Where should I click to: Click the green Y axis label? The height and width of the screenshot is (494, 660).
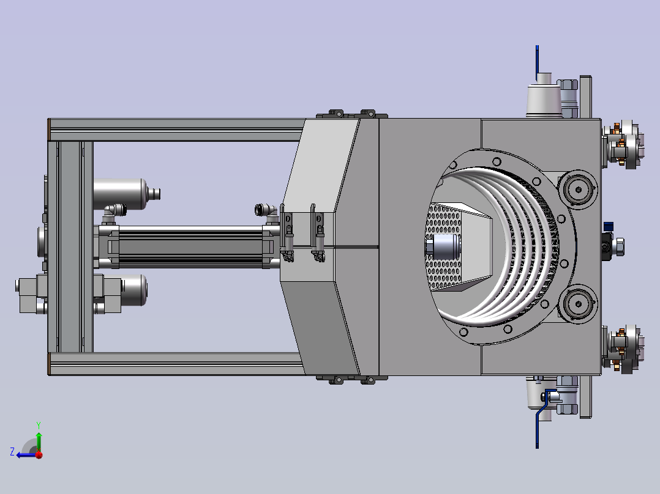pyautogui.click(x=39, y=425)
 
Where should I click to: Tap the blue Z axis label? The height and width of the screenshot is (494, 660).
pyautogui.click(x=12, y=452)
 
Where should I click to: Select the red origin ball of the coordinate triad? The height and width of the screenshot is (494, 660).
pyautogui.click(x=39, y=455)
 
